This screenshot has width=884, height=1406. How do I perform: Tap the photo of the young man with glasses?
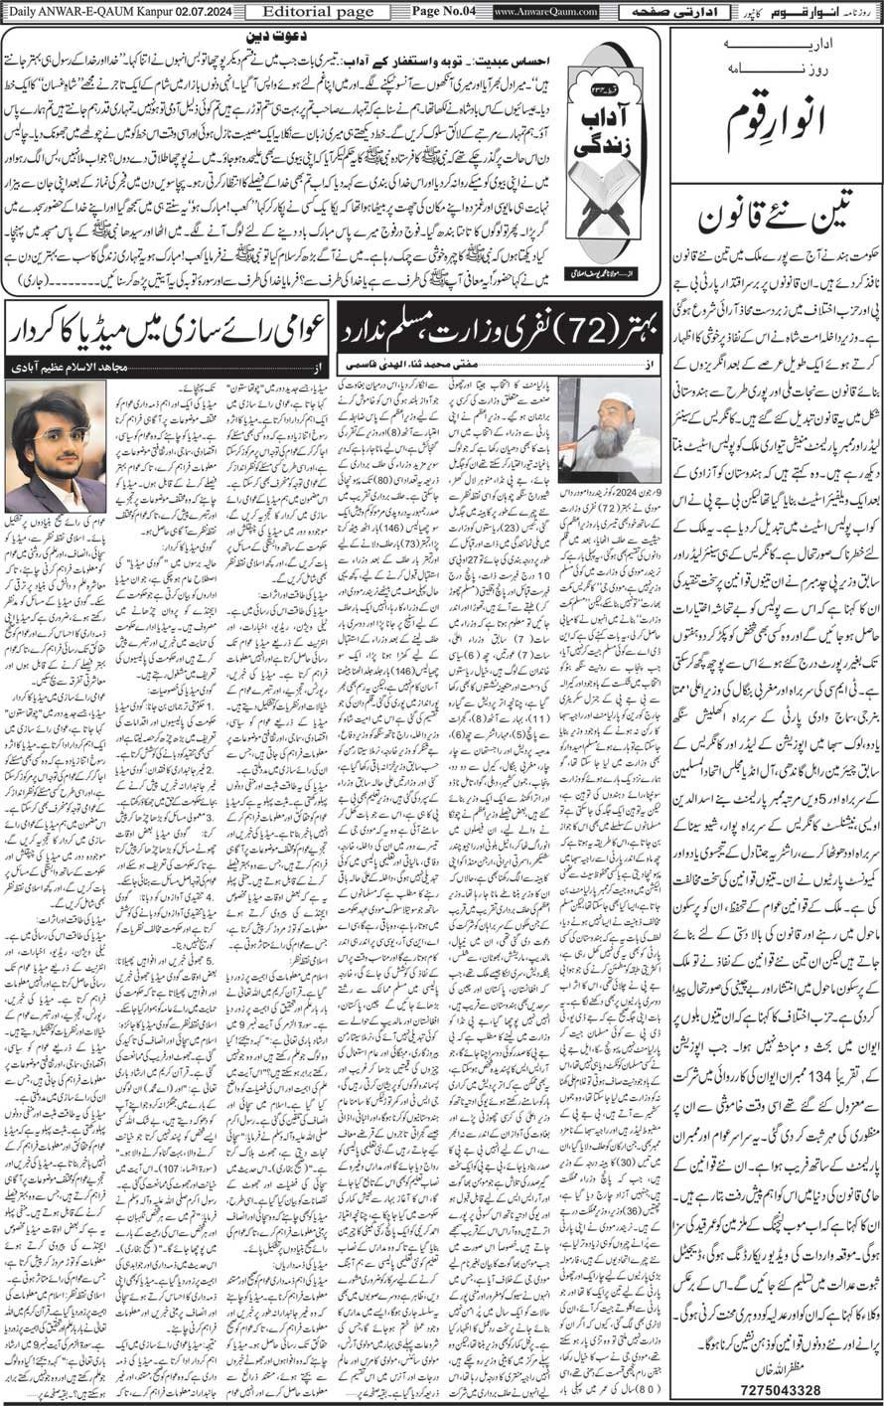pos(70,447)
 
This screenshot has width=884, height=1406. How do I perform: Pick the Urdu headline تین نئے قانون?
pos(776,223)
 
